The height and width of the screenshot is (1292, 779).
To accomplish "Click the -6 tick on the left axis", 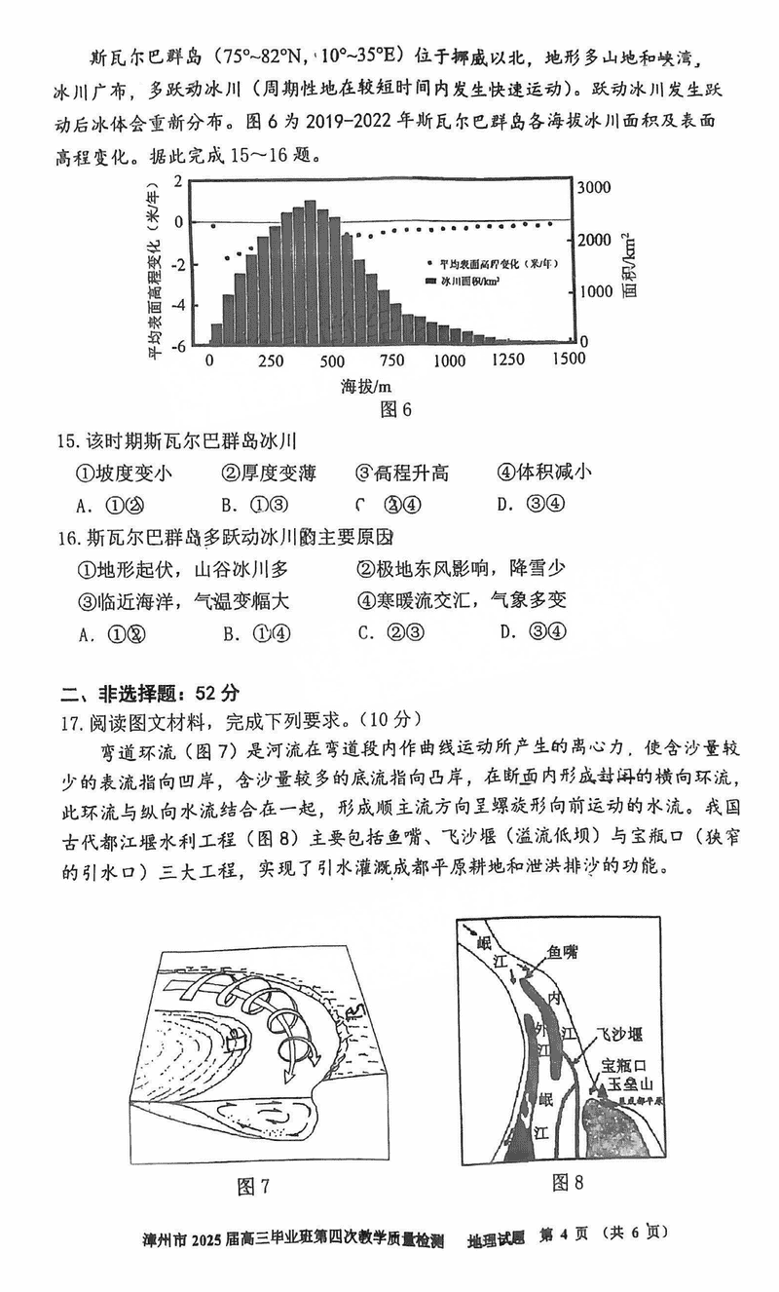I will coord(179,345).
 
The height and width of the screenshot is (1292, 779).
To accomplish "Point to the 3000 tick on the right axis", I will coord(593,187).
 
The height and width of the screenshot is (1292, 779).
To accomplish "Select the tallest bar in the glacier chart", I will coord(310,272).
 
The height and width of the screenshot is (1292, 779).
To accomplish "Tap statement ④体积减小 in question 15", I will coord(544,474).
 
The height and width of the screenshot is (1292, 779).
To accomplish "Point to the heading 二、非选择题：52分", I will coord(149,694).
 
